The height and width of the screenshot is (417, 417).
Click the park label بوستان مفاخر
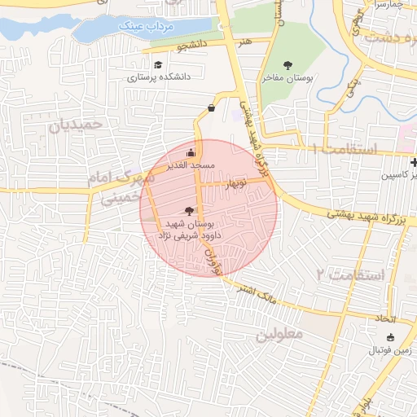click(x=288, y=79)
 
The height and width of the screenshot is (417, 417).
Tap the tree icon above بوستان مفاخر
click(x=288, y=65)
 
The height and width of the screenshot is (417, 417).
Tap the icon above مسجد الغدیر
click(x=191, y=151)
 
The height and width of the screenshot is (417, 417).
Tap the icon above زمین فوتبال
click(x=390, y=337)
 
